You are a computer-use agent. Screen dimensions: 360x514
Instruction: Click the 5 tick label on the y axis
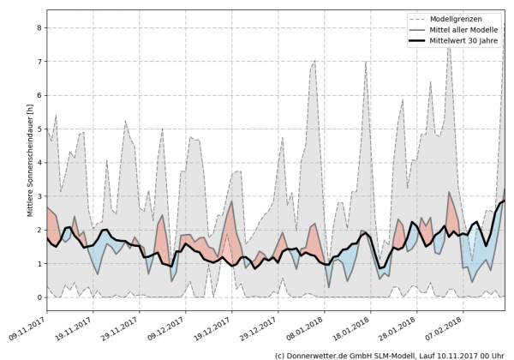point(38,129)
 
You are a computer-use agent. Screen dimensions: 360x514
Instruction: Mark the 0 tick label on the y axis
point(38,297)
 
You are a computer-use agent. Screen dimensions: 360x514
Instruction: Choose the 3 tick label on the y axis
point(38,196)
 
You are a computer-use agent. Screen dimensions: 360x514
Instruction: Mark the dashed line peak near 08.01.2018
point(314,61)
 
